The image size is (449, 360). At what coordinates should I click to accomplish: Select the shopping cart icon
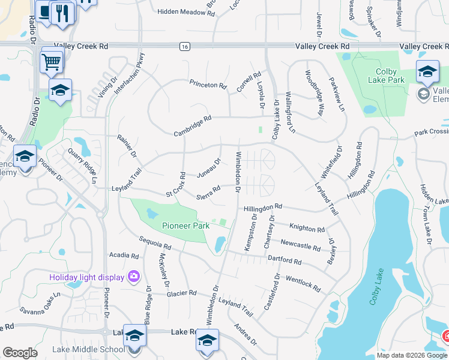pyautogui.click(x=52, y=61)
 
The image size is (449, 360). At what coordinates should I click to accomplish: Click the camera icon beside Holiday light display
pyautogui.click(x=133, y=276)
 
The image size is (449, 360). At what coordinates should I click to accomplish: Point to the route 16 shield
pyautogui.click(x=182, y=46)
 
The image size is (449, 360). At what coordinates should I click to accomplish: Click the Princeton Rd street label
pyautogui.click(x=208, y=85)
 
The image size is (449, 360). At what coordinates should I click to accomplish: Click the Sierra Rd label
pyautogui.click(x=208, y=193)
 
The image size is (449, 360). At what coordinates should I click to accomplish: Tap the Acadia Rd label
pyautogui.click(x=124, y=255)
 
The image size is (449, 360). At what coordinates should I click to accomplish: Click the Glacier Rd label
pyautogui.click(x=182, y=293)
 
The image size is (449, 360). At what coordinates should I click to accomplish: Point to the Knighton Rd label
pyautogui.click(x=307, y=228)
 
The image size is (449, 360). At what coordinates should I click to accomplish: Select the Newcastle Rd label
pyautogui.click(x=300, y=245)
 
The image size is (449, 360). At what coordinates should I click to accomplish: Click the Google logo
pyautogui.click(x=20, y=353)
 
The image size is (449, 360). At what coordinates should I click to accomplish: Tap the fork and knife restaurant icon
pyautogui.click(x=62, y=13)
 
